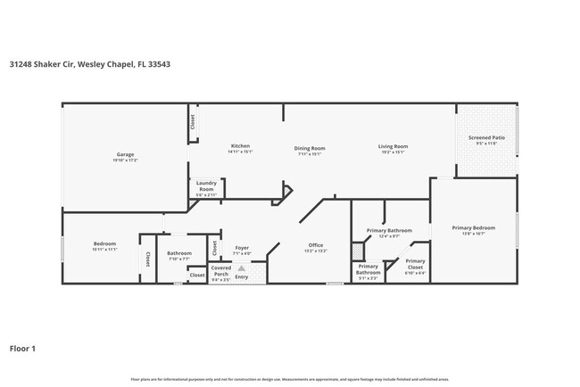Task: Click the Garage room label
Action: point(124,154)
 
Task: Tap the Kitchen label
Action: point(240,145)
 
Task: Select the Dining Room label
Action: point(310,148)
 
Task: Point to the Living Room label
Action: point(393,146)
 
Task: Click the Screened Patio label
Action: point(486,138)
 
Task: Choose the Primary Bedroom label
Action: point(473,228)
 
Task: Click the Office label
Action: point(316,245)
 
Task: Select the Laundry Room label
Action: point(206,188)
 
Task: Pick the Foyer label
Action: point(242,248)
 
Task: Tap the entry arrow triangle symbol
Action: point(242,266)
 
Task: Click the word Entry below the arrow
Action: point(242,276)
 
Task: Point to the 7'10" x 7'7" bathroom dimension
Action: point(178,259)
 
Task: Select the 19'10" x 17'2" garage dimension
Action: point(124,161)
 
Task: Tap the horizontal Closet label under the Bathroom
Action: point(197,276)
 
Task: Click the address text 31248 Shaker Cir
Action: point(42,64)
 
